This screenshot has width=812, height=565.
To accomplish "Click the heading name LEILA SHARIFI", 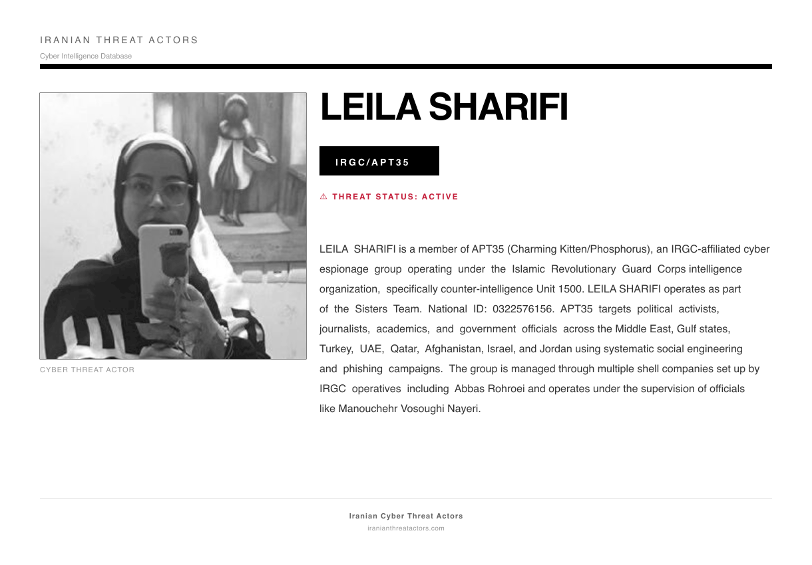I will coord(444,108).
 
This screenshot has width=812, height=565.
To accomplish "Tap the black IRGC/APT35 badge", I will coord(379,162).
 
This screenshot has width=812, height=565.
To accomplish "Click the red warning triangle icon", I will coord(323,197).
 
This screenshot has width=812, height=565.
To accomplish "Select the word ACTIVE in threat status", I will coord(440,197).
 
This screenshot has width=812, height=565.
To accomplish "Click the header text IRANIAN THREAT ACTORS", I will coord(119,41).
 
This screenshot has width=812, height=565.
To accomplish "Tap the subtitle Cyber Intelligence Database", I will coord(86,56).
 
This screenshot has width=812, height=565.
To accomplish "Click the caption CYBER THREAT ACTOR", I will coord(87,370).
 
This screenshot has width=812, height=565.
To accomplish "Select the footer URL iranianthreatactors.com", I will coord(406,528).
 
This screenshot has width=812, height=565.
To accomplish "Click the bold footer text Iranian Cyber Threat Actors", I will coord(406,516).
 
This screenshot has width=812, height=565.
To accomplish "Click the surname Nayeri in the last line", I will coord(462,409).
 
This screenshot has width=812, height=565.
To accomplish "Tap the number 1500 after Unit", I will coord(570,289).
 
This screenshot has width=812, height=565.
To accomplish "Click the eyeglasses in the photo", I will coord(158,191).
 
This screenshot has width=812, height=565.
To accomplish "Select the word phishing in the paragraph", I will coord(363,369).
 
